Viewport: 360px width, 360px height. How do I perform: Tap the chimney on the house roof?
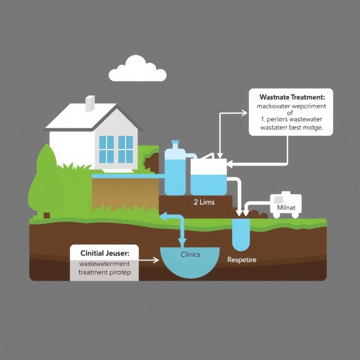pos(90,103)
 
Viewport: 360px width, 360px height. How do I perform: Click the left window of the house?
pos(107,149)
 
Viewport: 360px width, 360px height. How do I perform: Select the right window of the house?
pos(126,149)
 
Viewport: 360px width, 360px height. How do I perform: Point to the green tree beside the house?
pos(46,183)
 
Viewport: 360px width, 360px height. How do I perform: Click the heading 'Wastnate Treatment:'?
pos(291,96)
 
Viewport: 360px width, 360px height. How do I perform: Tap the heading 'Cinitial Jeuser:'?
pos(105,253)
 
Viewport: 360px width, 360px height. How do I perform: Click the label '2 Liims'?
pos(204,202)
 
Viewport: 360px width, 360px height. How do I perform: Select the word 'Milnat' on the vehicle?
pos(286,207)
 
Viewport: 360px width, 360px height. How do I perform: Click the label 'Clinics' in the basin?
pos(190,255)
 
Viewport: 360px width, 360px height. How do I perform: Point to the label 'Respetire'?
pos(242,260)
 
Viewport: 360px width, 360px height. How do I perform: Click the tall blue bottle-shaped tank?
pos(175,171)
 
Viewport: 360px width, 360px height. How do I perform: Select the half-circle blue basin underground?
pos(190,262)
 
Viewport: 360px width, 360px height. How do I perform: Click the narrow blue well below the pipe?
pos(241,234)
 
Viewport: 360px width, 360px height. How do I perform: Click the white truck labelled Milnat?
pos(285,205)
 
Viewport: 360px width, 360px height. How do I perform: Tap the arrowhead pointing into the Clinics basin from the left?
pos(156,261)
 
